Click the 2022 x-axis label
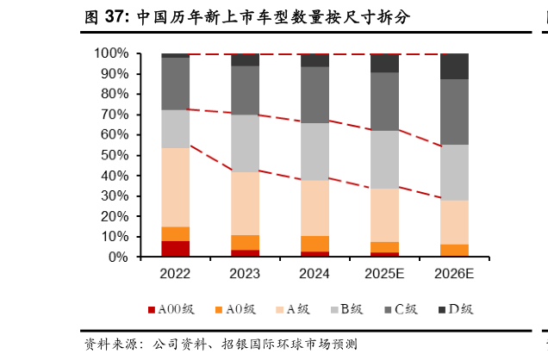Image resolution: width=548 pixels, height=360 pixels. (176, 274)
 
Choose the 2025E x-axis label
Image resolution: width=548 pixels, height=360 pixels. (385, 274)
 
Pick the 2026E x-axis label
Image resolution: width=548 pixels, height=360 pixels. (455, 274)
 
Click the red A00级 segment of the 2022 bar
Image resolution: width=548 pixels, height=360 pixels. (176, 249)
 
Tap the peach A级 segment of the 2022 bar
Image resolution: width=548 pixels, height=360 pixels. (176, 187)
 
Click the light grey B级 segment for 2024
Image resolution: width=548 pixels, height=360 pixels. (315, 152)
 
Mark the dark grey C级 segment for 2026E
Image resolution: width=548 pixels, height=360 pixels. (455, 112)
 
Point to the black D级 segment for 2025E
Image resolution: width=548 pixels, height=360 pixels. (385, 63)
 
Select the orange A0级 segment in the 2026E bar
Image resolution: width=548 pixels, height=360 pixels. (455, 251)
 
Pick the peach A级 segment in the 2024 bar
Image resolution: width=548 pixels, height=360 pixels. (315, 208)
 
